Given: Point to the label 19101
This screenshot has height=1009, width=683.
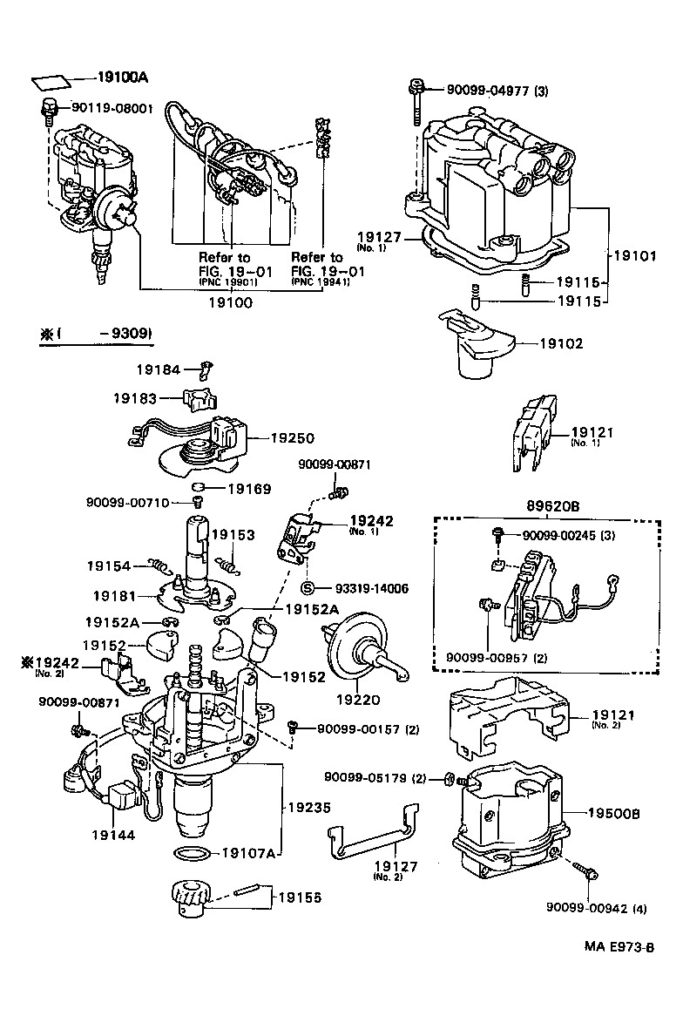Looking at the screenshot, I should pos(637,256).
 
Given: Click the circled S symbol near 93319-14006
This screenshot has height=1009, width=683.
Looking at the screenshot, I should pos(307,588).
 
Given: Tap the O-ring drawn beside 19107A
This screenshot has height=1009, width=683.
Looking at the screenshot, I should pos(192,851).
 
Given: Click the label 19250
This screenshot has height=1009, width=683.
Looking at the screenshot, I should pos(292,438).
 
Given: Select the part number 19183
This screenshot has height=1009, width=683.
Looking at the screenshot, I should pos(134,398).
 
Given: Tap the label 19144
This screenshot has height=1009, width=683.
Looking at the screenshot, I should pos(113,834).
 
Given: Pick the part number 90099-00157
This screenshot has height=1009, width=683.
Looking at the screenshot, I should pos(355,728).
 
